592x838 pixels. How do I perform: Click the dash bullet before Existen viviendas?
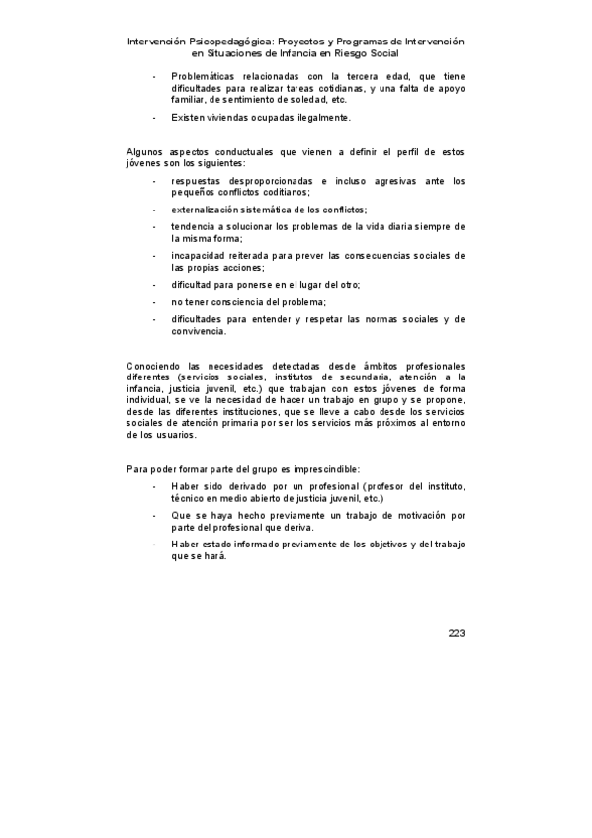pos(155,118)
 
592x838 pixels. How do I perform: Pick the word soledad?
pos(304,100)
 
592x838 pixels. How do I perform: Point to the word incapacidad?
pos(201,256)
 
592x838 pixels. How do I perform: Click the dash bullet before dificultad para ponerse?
pos(155,285)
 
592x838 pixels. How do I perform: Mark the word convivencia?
pos(200,331)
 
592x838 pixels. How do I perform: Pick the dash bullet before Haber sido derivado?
pos(155,487)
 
